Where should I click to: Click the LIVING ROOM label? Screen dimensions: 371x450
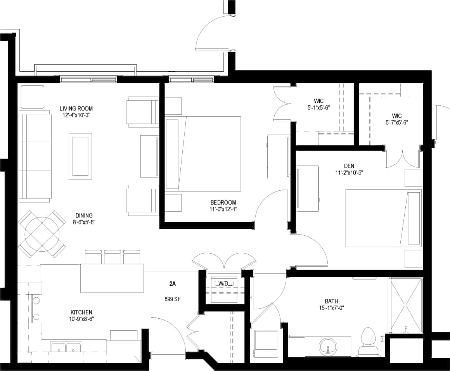(x=76, y=109)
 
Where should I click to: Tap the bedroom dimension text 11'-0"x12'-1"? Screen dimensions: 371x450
(x=223, y=209)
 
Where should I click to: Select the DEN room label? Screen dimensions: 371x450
(x=349, y=166)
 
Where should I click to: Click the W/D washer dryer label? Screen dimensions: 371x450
(x=224, y=283)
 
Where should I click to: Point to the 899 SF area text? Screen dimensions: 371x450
(x=173, y=299)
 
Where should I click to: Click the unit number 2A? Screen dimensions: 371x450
(x=173, y=284)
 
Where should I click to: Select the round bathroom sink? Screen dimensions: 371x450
(x=328, y=347)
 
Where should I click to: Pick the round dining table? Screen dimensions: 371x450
(x=42, y=234)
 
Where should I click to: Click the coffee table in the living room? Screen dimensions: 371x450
(x=80, y=156)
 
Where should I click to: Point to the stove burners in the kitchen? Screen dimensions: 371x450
(x=36, y=308)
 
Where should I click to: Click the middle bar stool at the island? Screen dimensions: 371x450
(x=112, y=257)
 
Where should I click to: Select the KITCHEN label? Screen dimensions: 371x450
(x=81, y=312)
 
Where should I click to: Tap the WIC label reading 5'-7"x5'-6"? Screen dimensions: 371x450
(x=396, y=122)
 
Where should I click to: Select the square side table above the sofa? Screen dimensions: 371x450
(x=32, y=97)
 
